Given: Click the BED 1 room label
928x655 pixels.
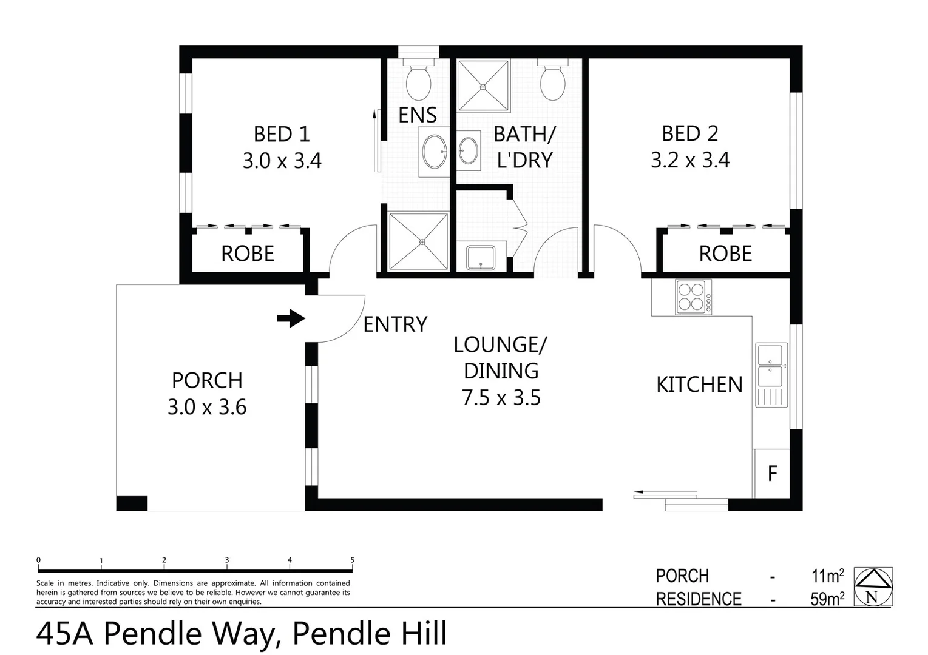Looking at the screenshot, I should click(x=282, y=133).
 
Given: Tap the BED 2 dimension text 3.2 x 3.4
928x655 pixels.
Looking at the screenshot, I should click(x=690, y=160).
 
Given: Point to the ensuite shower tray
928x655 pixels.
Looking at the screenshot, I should click(x=419, y=241).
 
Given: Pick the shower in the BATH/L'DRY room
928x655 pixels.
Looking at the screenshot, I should click(x=483, y=86).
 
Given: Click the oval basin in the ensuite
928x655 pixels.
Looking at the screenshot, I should click(x=434, y=151).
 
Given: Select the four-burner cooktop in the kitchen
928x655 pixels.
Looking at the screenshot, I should click(x=693, y=297).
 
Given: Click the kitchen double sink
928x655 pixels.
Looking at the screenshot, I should click(x=771, y=365).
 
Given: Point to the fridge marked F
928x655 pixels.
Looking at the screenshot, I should click(x=772, y=473).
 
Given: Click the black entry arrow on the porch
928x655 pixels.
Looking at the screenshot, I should click(x=291, y=318).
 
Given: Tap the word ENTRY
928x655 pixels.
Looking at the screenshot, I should click(x=395, y=324).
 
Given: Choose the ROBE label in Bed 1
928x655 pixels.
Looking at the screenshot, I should click(x=248, y=254).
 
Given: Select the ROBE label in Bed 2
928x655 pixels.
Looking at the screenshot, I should click(x=725, y=254).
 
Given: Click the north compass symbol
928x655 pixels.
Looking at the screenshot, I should click(x=873, y=586).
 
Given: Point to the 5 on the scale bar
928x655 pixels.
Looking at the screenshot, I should click(x=352, y=560).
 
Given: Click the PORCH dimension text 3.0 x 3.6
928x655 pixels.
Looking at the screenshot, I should click(x=207, y=407).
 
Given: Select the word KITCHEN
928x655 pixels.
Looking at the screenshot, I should click(x=699, y=385).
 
